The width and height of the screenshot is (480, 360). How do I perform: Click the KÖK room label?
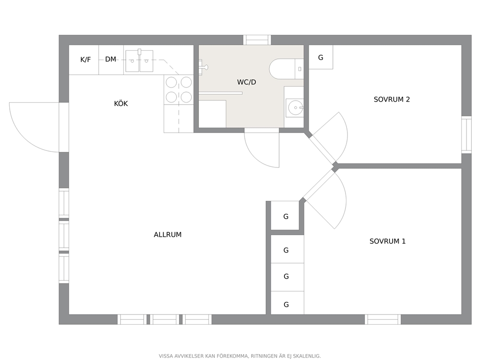click(121, 104)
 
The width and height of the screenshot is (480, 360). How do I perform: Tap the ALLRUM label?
click(167, 235)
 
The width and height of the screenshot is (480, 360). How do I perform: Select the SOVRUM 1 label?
click(388, 241)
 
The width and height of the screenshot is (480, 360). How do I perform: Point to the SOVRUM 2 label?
click(392, 100)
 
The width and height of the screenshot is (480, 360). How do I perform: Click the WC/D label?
click(246, 82)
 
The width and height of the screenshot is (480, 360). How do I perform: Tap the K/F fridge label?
click(86, 60)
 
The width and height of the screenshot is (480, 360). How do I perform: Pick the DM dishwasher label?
click(110, 59)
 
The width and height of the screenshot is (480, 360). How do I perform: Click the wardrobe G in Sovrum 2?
click(320, 57)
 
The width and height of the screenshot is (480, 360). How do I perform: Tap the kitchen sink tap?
click(139, 52)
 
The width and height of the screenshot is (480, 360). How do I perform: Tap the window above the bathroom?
click(257, 40)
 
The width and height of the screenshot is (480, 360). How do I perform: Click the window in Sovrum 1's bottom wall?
click(383, 319)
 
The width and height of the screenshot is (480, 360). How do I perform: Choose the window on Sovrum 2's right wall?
click(466, 135)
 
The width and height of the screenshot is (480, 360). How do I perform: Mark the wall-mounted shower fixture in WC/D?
click(203, 67)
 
